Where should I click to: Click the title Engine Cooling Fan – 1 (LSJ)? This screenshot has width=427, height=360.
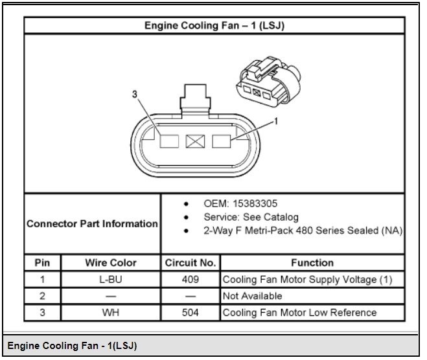point(214,26)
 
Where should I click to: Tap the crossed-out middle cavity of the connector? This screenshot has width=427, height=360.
point(195,142)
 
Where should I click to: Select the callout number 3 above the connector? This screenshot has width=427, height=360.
point(135,94)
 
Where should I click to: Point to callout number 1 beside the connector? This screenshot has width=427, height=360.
point(276,121)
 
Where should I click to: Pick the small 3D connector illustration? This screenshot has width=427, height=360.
point(268,82)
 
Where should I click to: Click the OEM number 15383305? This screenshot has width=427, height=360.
point(255,203)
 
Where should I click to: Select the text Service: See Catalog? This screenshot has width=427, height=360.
point(251,217)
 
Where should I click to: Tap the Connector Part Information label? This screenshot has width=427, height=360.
point(92,224)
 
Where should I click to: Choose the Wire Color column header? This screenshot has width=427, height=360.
point(111,263)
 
